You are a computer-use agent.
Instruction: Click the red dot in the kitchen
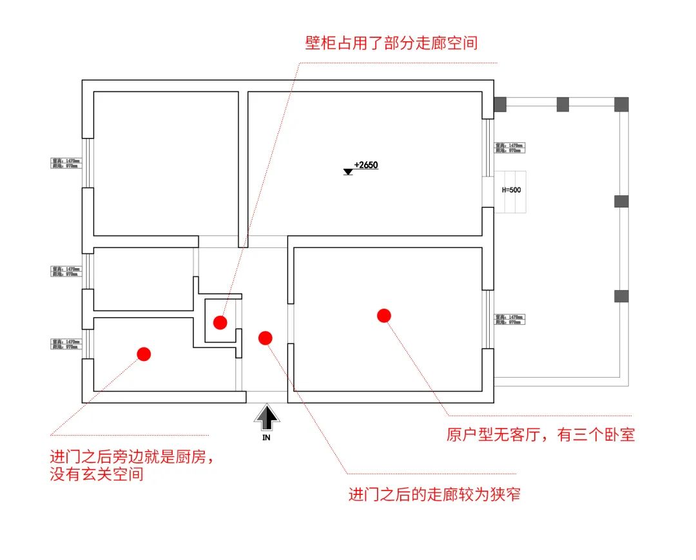[144, 354]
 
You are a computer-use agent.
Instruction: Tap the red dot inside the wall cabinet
[220, 322]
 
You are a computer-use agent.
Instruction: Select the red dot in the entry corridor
[265, 338]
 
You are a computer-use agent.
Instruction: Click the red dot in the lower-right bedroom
[384, 315]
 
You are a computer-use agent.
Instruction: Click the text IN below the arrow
[267, 438]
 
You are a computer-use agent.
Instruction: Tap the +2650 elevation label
[366, 165]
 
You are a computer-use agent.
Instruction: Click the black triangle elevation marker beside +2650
[348, 171]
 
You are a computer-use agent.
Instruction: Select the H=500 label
[511, 190]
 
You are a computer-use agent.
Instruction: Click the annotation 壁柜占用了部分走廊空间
[391, 43]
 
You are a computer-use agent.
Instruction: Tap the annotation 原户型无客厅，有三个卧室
[541, 435]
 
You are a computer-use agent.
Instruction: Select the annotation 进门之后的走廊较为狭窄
[434, 495]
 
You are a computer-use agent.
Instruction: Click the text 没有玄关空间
[97, 476]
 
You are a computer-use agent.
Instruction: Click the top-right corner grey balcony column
[621, 104]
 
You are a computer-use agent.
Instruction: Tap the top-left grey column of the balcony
[501, 104]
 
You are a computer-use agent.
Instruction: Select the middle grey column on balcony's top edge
[563, 104]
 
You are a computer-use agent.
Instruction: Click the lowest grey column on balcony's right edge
[621, 296]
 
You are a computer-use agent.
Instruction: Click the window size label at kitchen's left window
[66, 344]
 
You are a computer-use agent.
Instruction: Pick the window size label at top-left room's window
[66, 163]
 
